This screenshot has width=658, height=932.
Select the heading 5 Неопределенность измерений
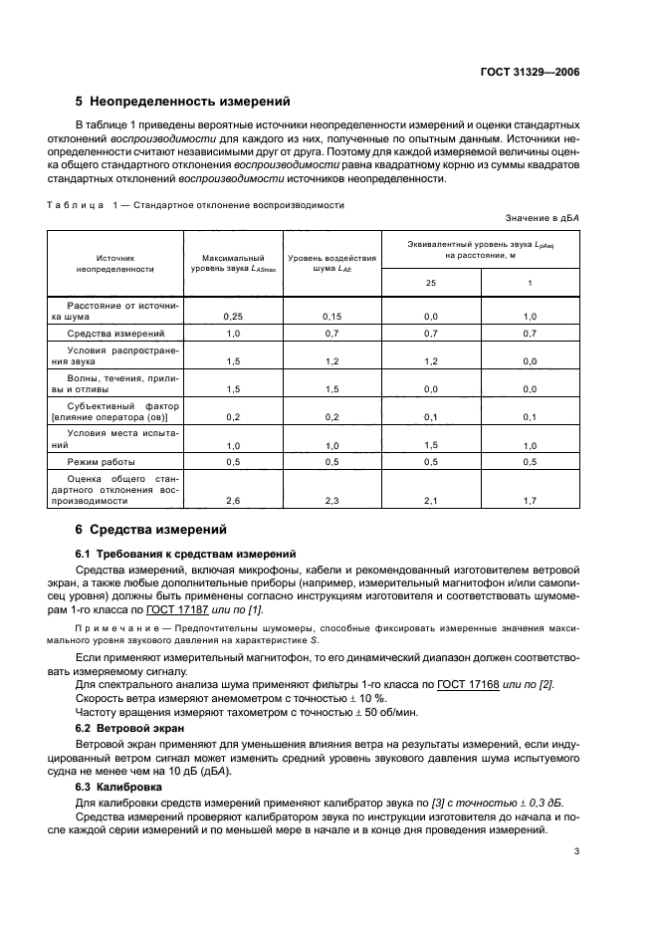point(183,102)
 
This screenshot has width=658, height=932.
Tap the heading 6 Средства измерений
point(151,529)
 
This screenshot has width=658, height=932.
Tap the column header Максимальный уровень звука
point(233,263)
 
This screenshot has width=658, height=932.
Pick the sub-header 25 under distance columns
point(431,283)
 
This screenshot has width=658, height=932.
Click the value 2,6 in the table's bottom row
point(233,501)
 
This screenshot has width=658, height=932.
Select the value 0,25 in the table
point(233,316)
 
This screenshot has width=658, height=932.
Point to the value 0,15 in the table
point(332,316)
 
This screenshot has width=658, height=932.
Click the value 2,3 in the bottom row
point(332,501)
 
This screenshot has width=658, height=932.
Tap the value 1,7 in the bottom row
point(530,501)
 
